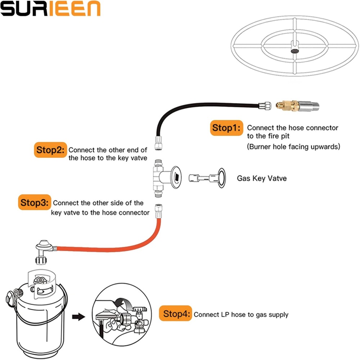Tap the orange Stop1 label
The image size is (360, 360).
click(x=226, y=128)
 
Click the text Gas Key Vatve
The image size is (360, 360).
click(x=262, y=178)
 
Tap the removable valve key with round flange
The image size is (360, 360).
click(x=207, y=177)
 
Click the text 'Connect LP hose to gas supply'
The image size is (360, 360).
click(x=241, y=315)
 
